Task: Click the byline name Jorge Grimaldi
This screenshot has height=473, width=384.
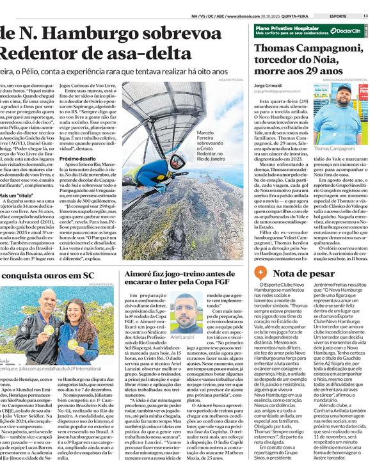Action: (x=269, y=84)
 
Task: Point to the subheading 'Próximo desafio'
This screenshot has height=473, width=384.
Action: (x=77, y=158)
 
